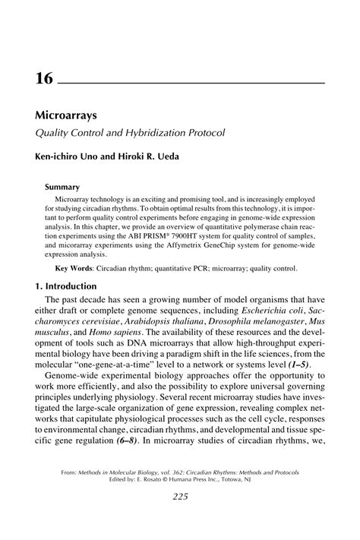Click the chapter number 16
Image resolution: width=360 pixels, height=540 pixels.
[44, 78]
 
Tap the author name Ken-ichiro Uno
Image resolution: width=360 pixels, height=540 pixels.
[67, 157]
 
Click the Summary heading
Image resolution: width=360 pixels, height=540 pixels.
[62, 185]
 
